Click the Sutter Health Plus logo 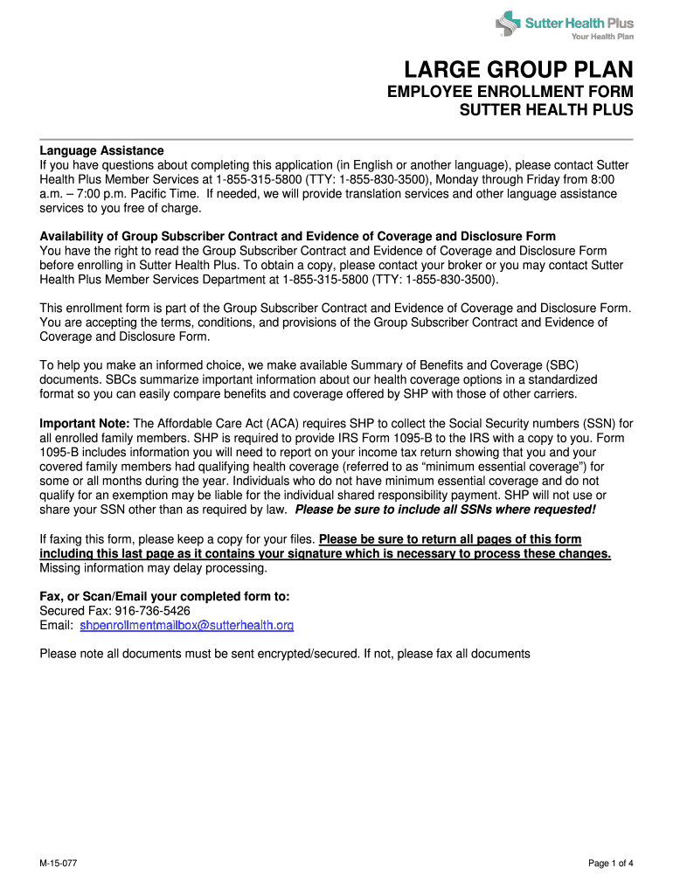(565, 24)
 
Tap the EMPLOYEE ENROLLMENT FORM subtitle (510, 93)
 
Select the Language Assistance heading (101, 151)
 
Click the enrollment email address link (186, 626)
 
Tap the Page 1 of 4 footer (610, 864)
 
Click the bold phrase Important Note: (84, 424)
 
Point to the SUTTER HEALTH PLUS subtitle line (546, 111)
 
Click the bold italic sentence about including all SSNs (446, 510)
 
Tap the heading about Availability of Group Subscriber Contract (297, 237)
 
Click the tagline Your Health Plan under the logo (602, 37)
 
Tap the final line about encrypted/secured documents (285, 654)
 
